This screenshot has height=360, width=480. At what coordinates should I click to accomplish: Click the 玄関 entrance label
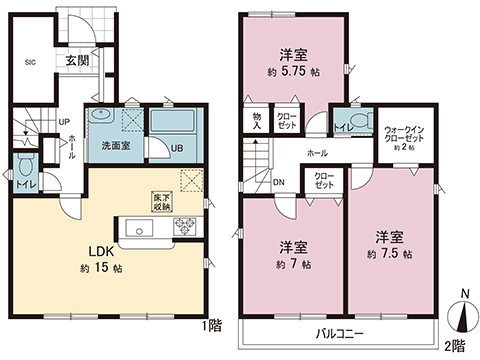77,60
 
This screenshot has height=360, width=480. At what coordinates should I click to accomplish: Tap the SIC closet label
30,62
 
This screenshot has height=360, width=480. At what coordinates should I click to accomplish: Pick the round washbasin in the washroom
98,117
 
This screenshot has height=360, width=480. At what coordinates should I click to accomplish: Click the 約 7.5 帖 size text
391,253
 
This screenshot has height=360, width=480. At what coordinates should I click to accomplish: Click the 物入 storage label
256,121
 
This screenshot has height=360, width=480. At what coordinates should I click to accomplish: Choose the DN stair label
279,182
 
